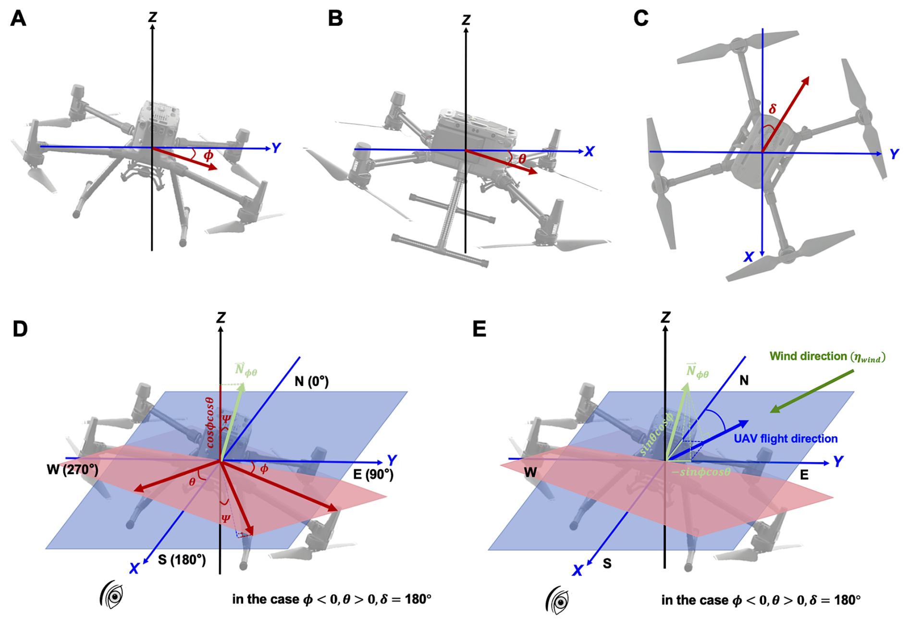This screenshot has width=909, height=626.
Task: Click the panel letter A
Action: coord(18,19)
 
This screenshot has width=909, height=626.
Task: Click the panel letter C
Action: coord(641,19)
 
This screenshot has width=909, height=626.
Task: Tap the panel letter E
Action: coord(479,329)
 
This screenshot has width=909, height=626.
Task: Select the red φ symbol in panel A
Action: coord(208,155)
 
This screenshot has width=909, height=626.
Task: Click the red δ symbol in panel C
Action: coord(772,109)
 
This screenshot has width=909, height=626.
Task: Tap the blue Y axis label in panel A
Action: coord(276,148)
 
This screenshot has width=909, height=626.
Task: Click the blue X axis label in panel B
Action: coord(589,152)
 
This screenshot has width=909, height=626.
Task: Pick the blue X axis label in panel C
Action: coord(749,257)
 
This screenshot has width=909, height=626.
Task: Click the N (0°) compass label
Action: coord(311,382)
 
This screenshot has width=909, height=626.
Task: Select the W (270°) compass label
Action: coord(73,469)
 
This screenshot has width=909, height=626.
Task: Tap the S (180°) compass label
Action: coord(182,560)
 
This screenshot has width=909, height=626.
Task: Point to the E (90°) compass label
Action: coord(373,475)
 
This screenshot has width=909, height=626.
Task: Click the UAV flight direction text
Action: coord(786,439)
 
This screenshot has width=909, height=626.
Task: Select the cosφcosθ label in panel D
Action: coord(209,422)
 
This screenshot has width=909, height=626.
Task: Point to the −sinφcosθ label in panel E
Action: coord(701,472)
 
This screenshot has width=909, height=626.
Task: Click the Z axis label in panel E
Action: coord(665,317)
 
